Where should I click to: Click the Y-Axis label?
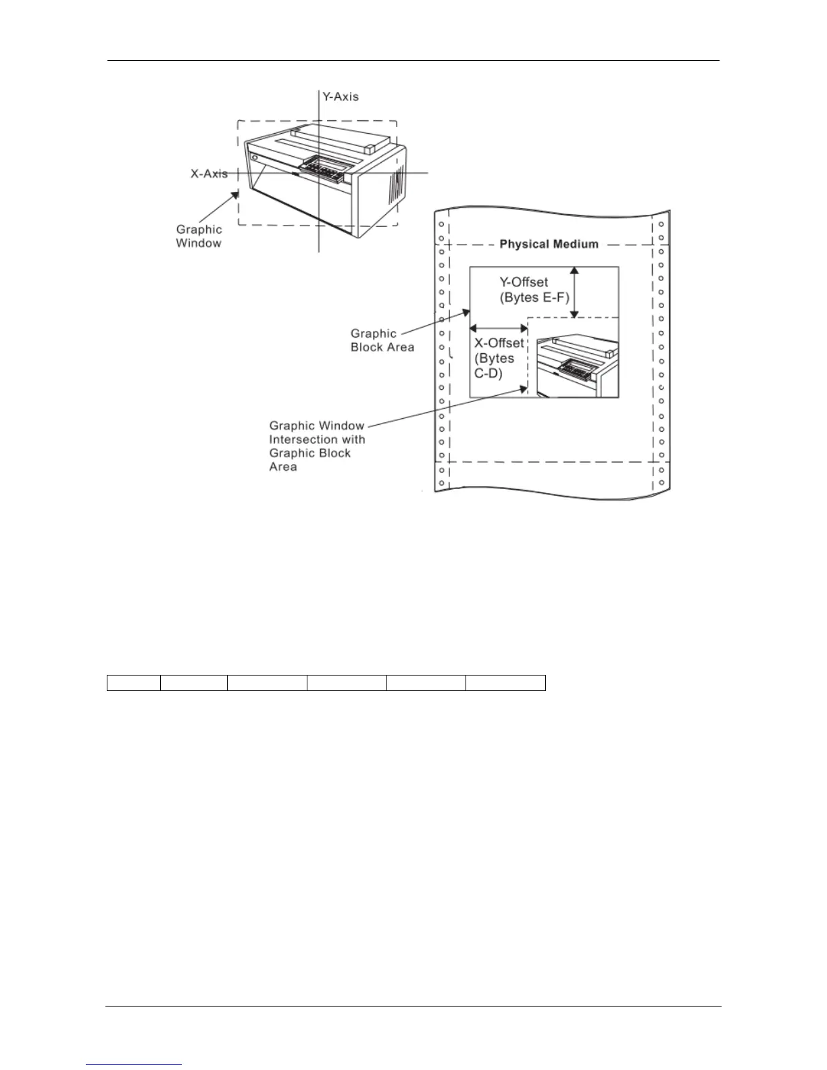tap(341, 97)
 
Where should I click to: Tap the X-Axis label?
tap(209, 174)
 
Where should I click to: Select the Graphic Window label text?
tap(199, 236)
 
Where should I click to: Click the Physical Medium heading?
tap(549, 244)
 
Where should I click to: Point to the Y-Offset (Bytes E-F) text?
tap(534, 290)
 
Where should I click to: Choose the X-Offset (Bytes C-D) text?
tap(499, 358)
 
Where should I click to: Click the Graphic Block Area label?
tap(382, 340)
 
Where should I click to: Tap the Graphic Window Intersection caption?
tap(317, 446)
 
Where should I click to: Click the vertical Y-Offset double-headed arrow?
tap(574, 292)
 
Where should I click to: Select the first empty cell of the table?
tap(134, 682)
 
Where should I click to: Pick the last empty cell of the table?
tap(505, 682)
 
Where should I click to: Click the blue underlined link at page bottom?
tap(134, 1064)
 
